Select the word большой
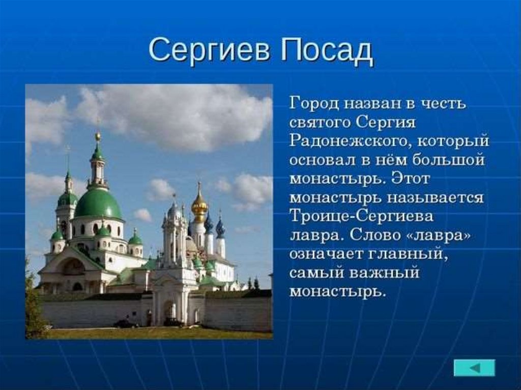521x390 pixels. click(449, 160)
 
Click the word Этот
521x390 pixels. click(411, 178)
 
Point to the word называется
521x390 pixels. click(435, 198)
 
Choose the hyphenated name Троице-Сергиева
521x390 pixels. click(362, 216)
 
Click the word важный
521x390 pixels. click(385, 273)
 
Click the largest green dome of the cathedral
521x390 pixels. click(98, 203)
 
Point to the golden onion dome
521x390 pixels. click(199, 206)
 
